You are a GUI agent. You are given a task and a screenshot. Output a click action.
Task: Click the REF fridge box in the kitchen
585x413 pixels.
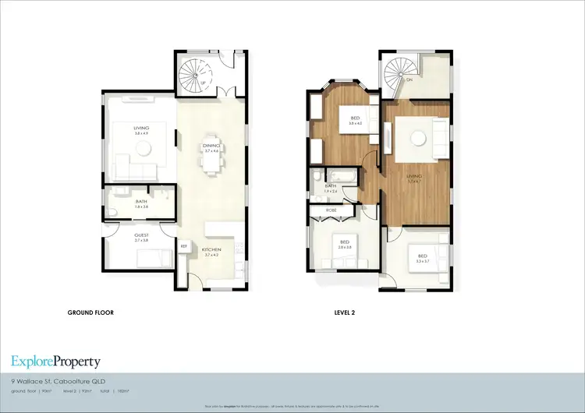(184, 247)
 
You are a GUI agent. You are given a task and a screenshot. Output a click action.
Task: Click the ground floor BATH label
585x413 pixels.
(141, 201)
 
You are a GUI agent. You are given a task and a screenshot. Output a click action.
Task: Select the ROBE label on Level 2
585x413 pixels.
(331, 211)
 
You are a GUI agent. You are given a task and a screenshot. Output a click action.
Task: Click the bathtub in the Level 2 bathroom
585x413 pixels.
(340, 175)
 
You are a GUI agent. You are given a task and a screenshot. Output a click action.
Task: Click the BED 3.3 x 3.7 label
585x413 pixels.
(422, 257)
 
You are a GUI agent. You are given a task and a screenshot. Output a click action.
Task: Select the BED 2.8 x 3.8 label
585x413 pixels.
(343, 245)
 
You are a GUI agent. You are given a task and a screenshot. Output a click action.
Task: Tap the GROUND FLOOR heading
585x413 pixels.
(91, 312)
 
